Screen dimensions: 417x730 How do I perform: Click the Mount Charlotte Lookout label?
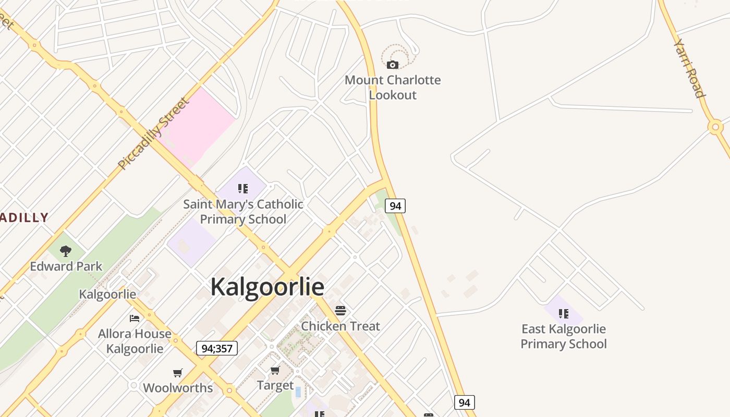393,87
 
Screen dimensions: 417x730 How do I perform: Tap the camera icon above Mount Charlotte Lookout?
393,65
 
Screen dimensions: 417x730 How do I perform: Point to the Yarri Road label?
690,68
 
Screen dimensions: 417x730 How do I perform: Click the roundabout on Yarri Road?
715,127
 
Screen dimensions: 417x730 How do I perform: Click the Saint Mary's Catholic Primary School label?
243,211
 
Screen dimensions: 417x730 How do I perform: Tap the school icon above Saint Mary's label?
243,188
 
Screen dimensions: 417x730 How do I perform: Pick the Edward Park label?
66,266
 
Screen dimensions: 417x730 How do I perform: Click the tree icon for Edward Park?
66,251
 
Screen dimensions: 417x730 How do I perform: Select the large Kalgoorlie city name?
267,287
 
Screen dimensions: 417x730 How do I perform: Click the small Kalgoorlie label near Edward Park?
107,294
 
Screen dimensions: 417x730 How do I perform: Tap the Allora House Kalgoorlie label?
135,341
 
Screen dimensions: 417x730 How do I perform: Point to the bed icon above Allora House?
135,318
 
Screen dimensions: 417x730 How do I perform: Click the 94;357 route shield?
217,348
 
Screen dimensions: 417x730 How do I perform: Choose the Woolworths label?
178,388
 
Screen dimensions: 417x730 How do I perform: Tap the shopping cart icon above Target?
275,370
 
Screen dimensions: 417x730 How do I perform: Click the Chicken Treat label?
340,326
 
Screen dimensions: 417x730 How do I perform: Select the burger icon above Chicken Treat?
340,311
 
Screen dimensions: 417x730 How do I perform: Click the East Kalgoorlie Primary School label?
564,336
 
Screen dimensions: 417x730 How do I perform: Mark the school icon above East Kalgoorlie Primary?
564,313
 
